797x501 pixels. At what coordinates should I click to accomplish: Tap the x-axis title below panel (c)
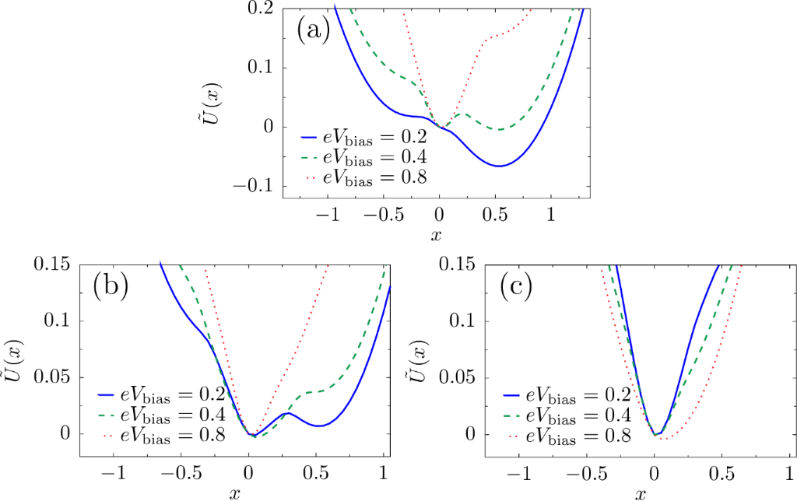coord(640,493)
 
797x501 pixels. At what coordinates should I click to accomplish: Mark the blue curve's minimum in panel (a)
coord(499,166)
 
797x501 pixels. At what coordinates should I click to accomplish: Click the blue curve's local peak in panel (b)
coord(287,413)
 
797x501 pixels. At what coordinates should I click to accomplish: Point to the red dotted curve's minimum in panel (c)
coord(666,440)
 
